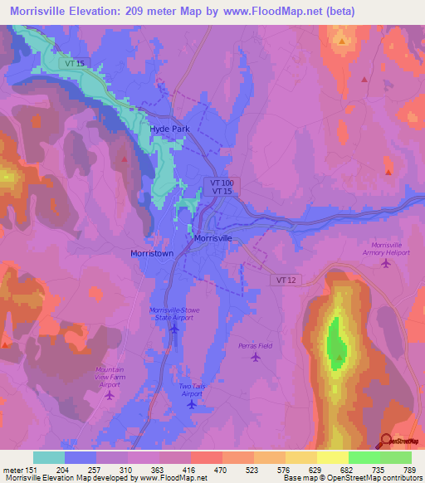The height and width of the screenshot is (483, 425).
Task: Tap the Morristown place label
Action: click(152, 253)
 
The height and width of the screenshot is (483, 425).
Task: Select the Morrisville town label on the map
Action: click(212, 238)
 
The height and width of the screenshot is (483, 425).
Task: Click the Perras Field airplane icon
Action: click(256, 358)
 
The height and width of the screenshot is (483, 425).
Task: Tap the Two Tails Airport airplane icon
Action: click(192, 405)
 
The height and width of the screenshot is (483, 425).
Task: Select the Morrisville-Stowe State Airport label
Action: click(174, 314)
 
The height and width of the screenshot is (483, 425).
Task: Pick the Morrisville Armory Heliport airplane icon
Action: click(387, 264)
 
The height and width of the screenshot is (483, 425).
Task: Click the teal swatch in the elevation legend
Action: click(48, 457)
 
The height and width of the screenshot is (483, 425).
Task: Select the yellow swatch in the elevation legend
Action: click(332, 457)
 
